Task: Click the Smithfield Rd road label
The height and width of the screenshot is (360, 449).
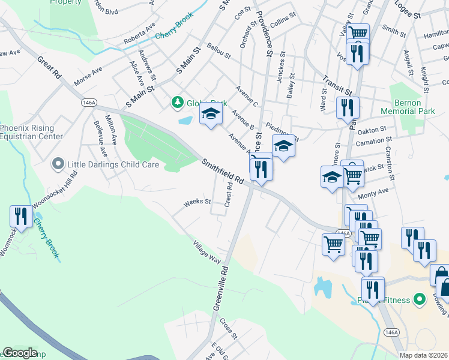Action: [223, 172]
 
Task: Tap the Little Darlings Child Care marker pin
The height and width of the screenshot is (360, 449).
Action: [58, 163]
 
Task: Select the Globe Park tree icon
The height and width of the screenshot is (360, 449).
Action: [178, 103]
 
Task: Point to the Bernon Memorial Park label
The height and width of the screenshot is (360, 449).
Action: [409, 107]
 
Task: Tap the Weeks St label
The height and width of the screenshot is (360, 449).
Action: [197, 202]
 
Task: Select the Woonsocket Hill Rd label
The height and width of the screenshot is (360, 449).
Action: [55, 189]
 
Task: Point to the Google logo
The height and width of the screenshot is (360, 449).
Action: [20, 353]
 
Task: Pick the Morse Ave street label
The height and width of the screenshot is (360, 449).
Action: [89, 76]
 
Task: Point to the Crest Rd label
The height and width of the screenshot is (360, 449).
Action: [228, 195]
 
